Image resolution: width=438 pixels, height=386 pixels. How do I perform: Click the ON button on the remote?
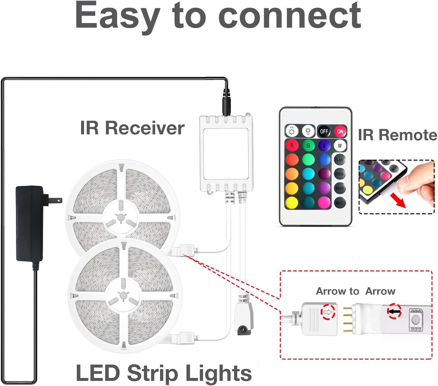click(x=340, y=132)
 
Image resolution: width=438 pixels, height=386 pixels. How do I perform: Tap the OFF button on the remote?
click(x=324, y=132)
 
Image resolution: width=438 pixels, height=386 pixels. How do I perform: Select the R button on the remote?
click(x=292, y=146)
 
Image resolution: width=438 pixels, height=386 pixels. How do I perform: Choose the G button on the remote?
click(x=308, y=146)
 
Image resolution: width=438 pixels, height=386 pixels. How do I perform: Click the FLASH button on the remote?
click(x=340, y=160)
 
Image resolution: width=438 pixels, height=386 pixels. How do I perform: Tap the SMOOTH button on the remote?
click(x=340, y=203)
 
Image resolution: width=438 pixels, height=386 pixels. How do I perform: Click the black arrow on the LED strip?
click(x=394, y=311)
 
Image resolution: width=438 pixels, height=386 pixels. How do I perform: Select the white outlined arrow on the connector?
click(x=328, y=313)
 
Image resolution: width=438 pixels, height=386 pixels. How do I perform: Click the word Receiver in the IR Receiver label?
click(x=145, y=128)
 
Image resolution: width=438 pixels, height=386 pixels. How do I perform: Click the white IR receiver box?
click(x=226, y=153)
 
